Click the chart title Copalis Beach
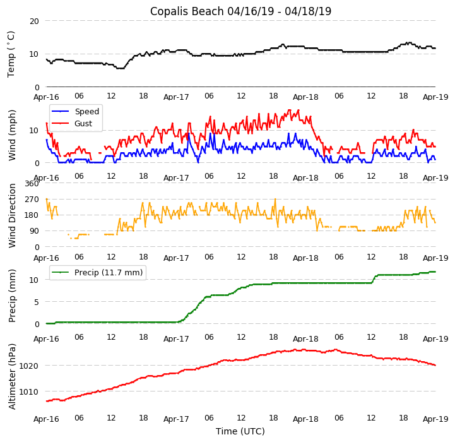point(240,11)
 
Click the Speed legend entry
point(86,112)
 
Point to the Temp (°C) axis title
point(11,54)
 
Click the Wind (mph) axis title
point(12,134)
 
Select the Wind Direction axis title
point(12,215)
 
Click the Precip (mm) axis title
point(12,296)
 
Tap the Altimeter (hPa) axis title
point(12,376)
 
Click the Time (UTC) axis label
point(240,431)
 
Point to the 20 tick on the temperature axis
point(33,21)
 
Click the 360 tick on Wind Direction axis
point(32,184)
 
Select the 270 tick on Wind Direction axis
point(32,200)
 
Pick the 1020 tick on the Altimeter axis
point(29,366)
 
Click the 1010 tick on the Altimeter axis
point(29,391)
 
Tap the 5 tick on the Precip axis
point(36,302)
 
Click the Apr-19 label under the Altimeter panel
point(435,419)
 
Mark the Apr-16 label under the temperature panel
point(46,97)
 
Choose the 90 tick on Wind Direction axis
point(33,232)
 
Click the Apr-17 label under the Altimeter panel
point(176,419)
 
